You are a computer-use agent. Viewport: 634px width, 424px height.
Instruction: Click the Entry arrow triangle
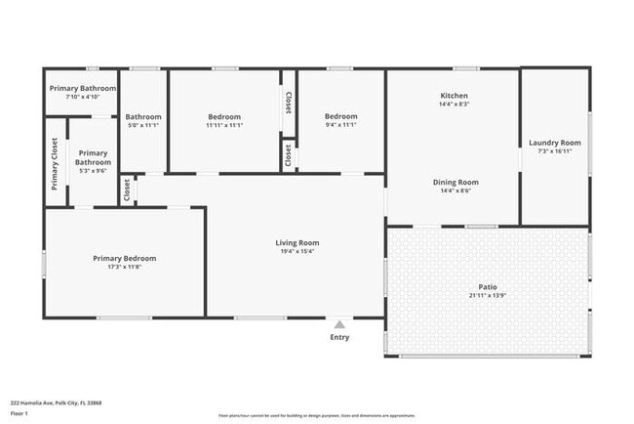click(x=338, y=325)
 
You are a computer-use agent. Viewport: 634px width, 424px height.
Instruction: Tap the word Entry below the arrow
click(x=338, y=338)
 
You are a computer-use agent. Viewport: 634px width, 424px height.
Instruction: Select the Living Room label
click(x=297, y=243)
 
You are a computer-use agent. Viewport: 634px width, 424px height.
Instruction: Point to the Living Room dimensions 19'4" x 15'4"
click(x=297, y=252)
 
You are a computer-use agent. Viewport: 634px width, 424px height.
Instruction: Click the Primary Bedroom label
click(x=124, y=258)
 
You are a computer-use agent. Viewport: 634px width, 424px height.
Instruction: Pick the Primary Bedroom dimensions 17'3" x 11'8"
click(x=124, y=267)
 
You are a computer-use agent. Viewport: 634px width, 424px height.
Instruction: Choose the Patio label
click(x=488, y=286)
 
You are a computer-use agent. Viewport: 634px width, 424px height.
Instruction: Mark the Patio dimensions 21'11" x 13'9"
click(x=488, y=295)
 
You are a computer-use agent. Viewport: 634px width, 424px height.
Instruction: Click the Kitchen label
click(x=454, y=95)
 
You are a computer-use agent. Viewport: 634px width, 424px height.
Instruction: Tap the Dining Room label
click(x=456, y=182)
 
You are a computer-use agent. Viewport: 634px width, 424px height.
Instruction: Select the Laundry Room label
click(x=555, y=143)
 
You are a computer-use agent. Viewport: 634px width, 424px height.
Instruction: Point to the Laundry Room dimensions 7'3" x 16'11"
click(x=555, y=151)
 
